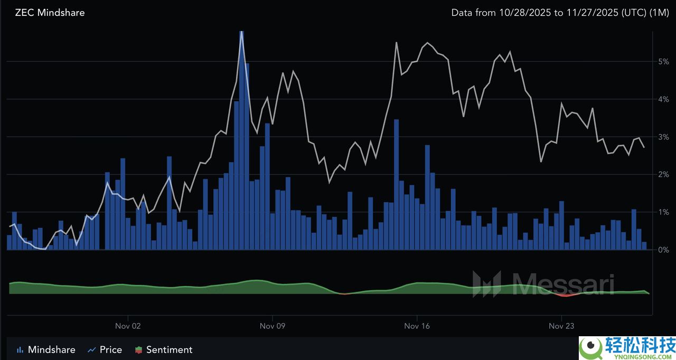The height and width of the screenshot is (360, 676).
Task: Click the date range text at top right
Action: coord(559,12)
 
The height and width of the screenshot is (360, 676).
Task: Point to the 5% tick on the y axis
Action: coord(663,61)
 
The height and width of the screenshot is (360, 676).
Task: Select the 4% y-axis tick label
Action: coord(663,99)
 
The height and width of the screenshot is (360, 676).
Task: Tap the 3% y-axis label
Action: coord(663,137)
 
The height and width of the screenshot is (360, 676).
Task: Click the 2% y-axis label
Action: coord(663,174)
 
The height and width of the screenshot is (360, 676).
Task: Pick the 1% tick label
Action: coord(663,212)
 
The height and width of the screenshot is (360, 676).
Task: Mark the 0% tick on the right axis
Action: coord(663,250)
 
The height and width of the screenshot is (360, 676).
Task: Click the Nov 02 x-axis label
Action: coord(128,326)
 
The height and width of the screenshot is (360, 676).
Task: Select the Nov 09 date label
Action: coord(273,326)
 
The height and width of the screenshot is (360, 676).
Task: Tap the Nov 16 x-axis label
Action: coord(417,326)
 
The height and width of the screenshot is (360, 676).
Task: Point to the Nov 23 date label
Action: coord(561,326)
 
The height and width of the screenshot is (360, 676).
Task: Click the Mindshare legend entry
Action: coord(46,349)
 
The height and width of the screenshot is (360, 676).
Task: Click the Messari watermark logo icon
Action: coord(486,284)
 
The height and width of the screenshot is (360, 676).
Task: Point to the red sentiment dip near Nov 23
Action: coord(566,295)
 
